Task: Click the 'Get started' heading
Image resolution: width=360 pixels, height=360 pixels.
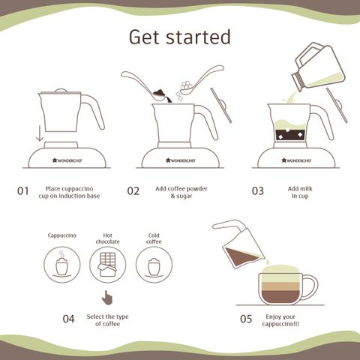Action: click(x=179, y=37)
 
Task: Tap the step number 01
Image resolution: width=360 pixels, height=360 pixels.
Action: click(x=23, y=191)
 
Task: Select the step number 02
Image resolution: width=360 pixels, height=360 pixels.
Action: click(x=133, y=191)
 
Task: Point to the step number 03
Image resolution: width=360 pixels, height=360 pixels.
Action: click(x=258, y=191)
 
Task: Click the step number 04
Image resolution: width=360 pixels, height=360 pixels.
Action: click(x=68, y=319)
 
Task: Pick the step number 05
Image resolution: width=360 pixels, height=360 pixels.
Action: click(x=246, y=319)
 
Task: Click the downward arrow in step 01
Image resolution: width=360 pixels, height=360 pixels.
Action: click(x=40, y=133)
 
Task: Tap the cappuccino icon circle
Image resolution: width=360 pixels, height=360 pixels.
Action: click(x=62, y=265)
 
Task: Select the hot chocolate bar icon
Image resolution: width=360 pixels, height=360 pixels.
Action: click(x=108, y=265)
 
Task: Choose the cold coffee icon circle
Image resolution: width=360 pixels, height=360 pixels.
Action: click(x=154, y=265)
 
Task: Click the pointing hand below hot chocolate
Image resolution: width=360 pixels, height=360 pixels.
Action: click(x=107, y=298)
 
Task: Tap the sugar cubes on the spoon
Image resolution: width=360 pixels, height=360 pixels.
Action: click(x=186, y=85)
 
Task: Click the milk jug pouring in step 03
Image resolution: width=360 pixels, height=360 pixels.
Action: click(x=318, y=67)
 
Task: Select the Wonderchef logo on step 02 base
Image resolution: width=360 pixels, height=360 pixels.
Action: click(x=181, y=160)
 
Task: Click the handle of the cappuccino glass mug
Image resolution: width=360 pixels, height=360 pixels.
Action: click(x=310, y=286)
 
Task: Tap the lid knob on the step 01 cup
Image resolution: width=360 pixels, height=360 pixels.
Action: click(x=61, y=90)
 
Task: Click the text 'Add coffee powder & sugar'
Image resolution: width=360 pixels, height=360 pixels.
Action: click(x=181, y=192)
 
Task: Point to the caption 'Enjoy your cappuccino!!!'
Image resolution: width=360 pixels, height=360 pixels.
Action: click(x=280, y=320)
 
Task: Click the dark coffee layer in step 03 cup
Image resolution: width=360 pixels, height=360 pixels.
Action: click(x=290, y=136)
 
